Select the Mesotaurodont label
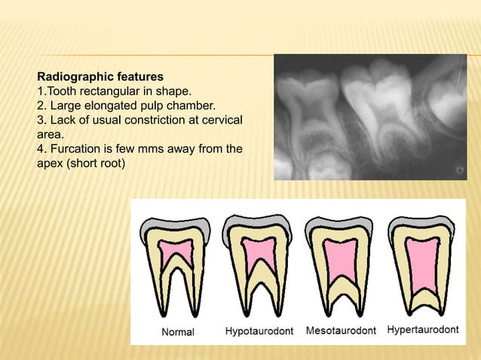coord(341,331)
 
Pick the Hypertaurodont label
coord(421,330)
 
